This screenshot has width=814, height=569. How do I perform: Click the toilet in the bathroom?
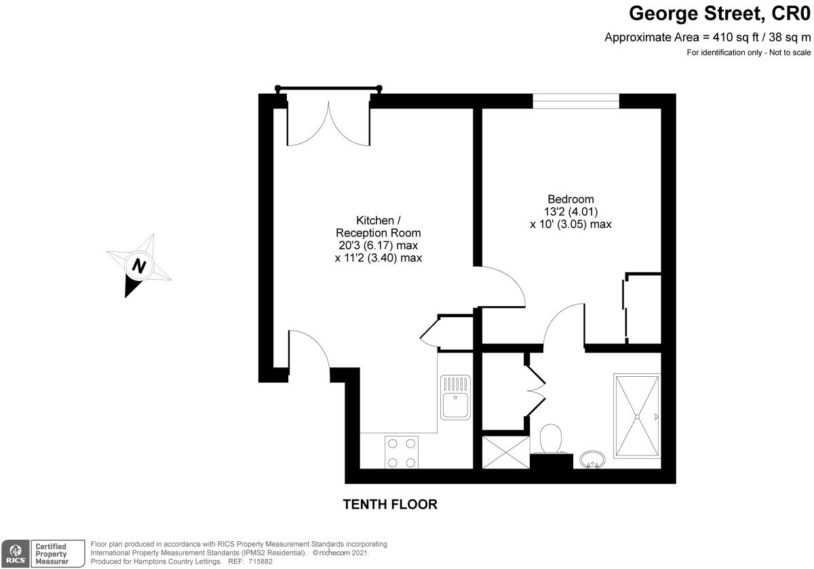click(x=551, y=439)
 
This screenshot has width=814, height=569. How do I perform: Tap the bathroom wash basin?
click(x=592, y=459)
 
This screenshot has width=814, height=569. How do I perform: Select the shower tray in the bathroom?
click(x=637, y=416)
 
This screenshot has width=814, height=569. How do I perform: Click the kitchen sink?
click(x=455, y=397)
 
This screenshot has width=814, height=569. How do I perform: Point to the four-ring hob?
click(x=401, y=452)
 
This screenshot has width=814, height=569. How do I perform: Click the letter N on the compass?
click(x=139, y=265)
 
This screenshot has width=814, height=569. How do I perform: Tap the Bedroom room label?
click(x=570, y=200)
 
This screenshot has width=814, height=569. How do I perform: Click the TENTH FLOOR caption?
click(x=390, y=504)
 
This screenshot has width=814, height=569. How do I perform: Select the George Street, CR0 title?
click(x=720, y=14)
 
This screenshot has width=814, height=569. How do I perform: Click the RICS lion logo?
click(x=15, y=554)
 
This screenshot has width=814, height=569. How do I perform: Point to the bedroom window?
click(x=576, y=100)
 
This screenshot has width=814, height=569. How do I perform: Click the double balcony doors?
click(x=328, y=124)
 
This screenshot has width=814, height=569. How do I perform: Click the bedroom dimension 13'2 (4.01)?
click(x=570, y=211)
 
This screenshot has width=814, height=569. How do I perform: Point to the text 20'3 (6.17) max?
click(x=378, y=246)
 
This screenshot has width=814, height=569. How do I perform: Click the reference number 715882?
click(x=260, y=562)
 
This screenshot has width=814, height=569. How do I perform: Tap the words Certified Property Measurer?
click(x=52, y=553)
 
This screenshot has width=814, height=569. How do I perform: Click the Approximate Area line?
click(x=708, y=37)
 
